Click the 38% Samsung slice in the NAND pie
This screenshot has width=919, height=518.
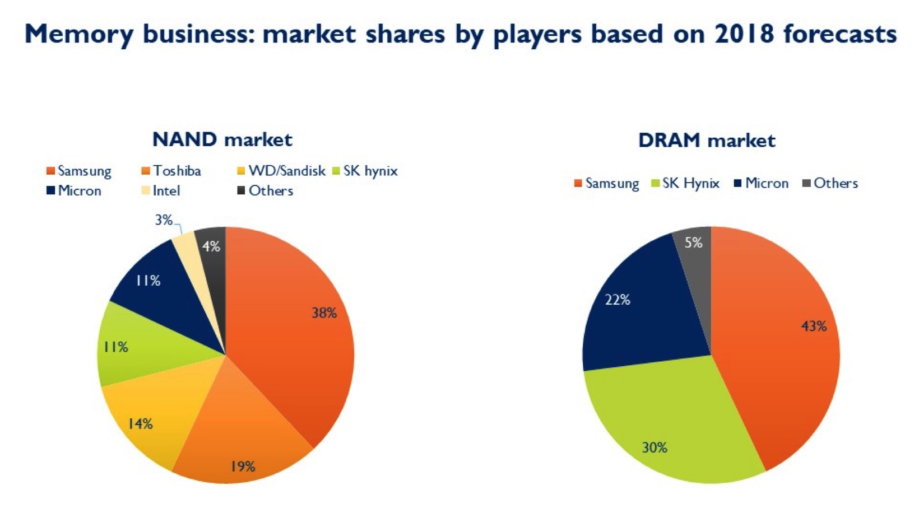click(291, 336)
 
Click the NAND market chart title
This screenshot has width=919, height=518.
click(222, 139)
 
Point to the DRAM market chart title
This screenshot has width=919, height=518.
click(707, 141)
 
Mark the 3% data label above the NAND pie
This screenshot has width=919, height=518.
click(164, 221)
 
